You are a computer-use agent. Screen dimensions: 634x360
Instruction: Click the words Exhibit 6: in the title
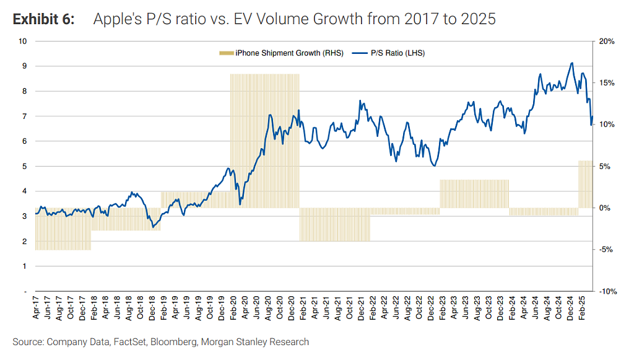44,19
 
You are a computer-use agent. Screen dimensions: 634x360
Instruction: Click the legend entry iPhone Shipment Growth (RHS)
282,53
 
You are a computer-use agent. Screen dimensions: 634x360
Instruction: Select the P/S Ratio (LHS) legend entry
389,53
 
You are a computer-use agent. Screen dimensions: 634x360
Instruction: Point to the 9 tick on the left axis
25,66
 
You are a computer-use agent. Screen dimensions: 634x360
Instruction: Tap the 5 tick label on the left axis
25,166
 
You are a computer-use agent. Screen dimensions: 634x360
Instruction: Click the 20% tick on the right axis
607,42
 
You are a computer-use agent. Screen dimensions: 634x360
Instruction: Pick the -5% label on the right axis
606,250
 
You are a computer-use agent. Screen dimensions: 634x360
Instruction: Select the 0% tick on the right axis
604,208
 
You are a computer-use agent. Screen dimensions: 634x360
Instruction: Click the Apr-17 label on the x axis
36,308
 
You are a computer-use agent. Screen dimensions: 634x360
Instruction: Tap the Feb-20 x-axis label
233,308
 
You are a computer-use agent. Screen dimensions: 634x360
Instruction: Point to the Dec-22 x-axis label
431,308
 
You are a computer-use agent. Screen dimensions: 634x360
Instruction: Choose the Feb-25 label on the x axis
582,308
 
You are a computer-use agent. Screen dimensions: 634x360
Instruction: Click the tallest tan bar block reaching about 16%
265,141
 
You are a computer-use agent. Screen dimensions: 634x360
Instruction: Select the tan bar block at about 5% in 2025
586,185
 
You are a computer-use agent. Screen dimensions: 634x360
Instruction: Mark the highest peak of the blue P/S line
571,63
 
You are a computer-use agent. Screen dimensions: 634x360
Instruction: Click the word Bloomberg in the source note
174,342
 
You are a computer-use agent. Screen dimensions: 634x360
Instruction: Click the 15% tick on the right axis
607,83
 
